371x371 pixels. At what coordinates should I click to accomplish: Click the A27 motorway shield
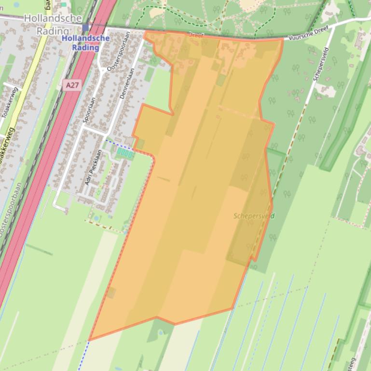71,85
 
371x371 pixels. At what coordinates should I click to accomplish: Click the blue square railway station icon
85,28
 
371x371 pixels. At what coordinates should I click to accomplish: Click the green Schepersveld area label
254,216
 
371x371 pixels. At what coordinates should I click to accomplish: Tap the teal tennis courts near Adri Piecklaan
124,154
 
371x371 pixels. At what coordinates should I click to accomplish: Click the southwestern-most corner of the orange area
89,340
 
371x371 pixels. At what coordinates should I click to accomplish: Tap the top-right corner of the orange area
282,40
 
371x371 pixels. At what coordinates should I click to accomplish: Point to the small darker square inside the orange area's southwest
111,292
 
